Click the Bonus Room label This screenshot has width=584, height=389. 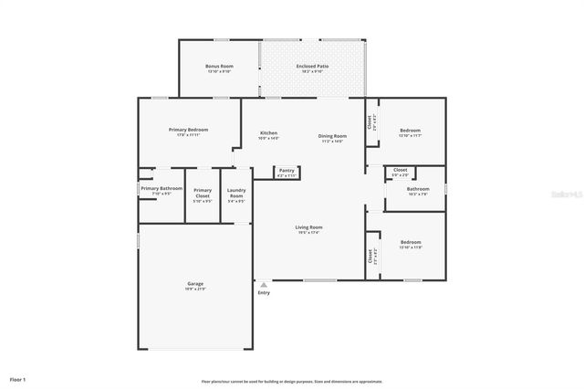[x=219, y=67]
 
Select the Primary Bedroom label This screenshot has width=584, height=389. [x=188, y=130]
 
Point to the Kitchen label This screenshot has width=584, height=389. [x=268, y=133]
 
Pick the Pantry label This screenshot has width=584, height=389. [x=287, y=170]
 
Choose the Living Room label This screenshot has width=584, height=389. [x=308, y=227]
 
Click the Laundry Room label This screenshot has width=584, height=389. [x=235, y=192]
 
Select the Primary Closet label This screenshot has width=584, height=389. [x=203, y=192]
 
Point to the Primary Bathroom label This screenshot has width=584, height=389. [x=162, y=188]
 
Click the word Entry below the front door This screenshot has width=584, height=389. [x=264, y=292]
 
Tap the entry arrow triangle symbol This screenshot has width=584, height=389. [x=264, y=283]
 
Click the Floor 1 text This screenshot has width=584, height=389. [x=18, y=378]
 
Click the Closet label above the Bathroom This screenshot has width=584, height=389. [x=400, y=170]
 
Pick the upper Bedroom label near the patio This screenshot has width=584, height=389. [x=411, y=131]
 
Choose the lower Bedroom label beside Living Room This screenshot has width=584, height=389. [x=411, y=242]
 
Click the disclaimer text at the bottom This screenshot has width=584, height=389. [x=292, y=381]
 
